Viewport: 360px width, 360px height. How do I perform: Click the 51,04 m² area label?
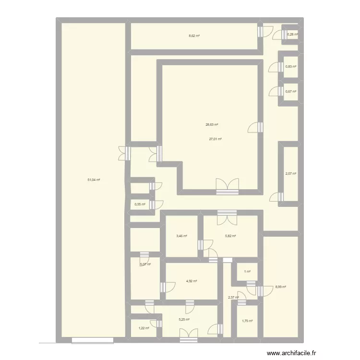(x=94, y=180)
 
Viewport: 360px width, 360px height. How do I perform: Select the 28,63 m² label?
(x=212, y=125)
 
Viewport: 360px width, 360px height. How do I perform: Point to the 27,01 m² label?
(x=215, y=139)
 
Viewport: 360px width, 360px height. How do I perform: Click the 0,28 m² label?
(x=292, y=34)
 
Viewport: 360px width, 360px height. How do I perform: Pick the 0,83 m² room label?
(x=291, y=67)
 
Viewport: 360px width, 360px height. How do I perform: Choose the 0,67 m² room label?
(x=291, y=91)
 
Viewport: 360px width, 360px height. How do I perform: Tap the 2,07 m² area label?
(x=291, y=174)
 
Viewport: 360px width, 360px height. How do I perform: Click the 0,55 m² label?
(x=140, y=204)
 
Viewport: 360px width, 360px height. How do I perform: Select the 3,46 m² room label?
(x=182, y=236)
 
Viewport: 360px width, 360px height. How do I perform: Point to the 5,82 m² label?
(x=231, y=236)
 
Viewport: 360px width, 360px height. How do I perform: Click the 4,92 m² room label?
(x=192, y=282)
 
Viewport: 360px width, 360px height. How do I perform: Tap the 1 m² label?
(x=247, y=272)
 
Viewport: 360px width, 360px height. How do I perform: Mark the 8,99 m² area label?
(x=280, y=287)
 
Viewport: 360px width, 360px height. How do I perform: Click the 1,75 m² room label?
(x=247, y=321)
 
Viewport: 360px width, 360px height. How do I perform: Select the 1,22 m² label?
(x=144, y=328)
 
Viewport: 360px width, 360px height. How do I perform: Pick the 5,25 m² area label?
(x=184, y=320)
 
